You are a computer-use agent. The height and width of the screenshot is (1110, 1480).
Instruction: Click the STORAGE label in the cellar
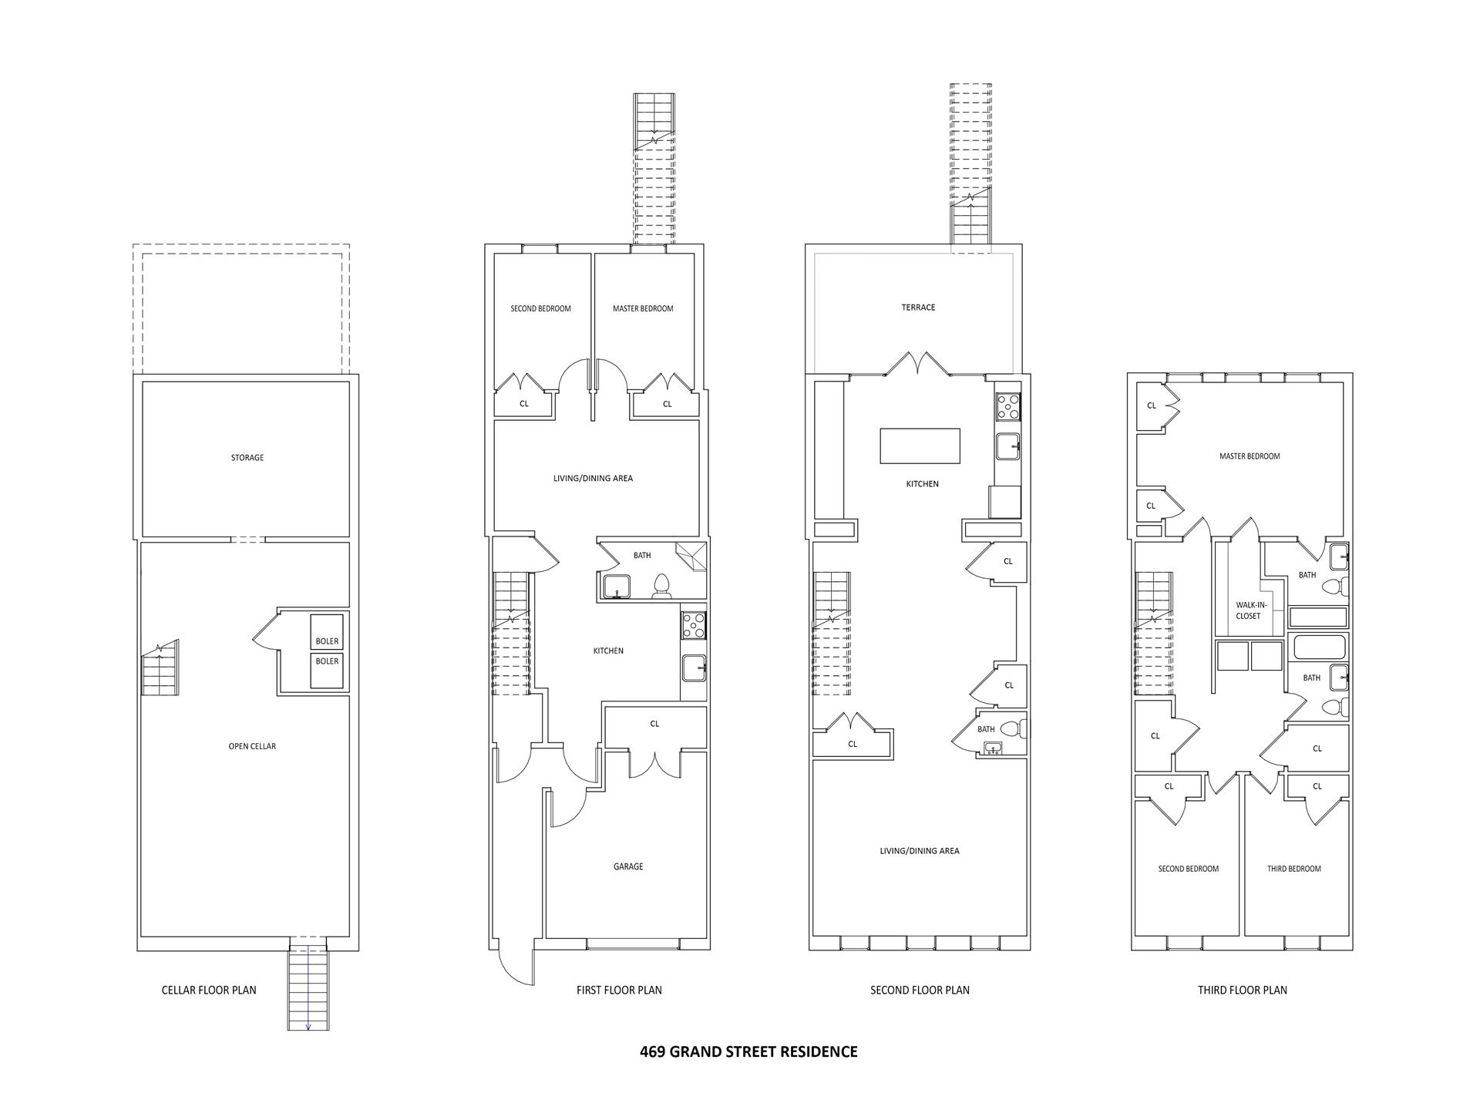(247, 458)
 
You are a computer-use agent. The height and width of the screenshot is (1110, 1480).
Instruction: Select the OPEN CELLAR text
(252, 746)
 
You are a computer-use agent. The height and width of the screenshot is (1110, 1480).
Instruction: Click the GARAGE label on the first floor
(628, 866)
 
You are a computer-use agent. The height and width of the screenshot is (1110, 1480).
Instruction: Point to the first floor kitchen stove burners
(694, 624)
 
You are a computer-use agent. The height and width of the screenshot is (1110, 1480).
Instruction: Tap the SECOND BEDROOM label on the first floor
(540, 308)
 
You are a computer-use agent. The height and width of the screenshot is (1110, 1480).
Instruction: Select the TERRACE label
(918, 308)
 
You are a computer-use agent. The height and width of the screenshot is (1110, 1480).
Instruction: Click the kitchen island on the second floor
(920, 446)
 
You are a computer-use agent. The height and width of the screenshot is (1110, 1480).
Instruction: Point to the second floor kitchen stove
(1007, 406)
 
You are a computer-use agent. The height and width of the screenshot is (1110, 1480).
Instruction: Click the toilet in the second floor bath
(1019, 728)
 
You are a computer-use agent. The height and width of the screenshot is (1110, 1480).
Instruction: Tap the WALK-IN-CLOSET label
(1248, 610)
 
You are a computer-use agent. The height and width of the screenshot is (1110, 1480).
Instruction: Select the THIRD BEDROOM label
(1293, 869)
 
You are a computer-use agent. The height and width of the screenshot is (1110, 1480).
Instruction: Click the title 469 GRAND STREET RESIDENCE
(748, 1051)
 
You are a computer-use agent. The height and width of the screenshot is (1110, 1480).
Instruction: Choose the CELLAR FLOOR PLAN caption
(209, 990)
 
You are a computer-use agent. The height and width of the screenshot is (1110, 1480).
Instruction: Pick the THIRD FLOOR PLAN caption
(1242, 990)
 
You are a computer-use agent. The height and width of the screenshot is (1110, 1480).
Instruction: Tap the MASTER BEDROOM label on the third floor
(1249, 456)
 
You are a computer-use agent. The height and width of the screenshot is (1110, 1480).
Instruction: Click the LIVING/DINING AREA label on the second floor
(919, 851)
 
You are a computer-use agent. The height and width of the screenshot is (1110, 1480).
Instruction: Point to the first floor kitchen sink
(694, 668)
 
